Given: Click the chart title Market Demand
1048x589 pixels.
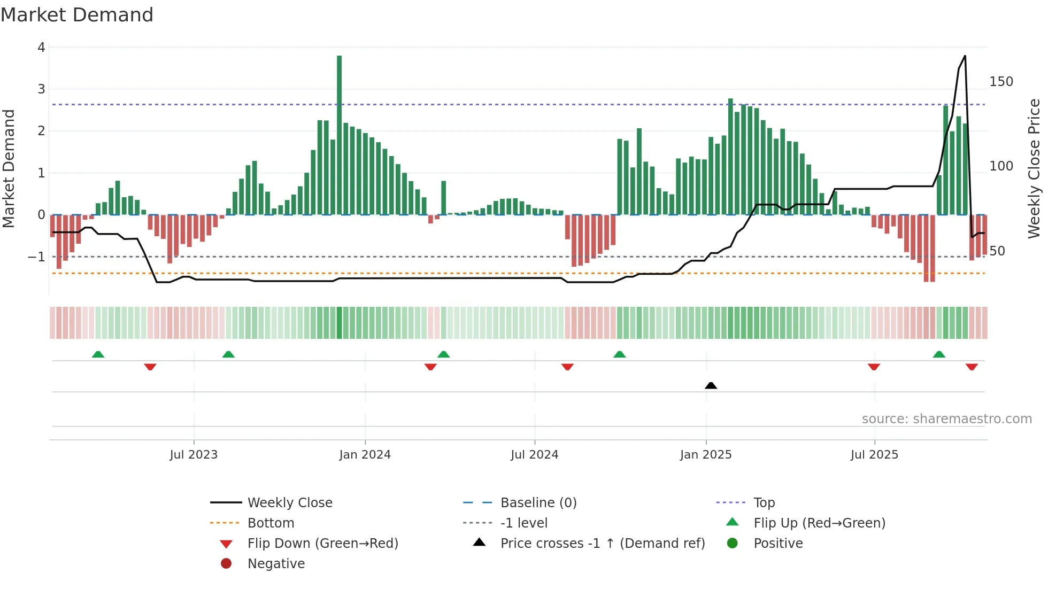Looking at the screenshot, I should [77, 15].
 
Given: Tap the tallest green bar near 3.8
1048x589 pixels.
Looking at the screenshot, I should [339, 134].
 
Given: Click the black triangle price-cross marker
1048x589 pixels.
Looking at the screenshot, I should [711, 385].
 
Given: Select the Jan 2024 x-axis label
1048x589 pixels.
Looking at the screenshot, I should [365, 455].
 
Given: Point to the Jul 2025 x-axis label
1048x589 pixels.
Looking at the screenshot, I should [874, 455].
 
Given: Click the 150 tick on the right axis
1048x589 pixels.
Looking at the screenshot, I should [1001, 82].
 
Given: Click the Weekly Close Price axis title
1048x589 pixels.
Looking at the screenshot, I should [1034, 168].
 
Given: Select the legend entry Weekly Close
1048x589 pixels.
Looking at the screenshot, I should [289, 503].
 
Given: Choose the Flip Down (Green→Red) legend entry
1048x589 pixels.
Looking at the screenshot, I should [322, 544].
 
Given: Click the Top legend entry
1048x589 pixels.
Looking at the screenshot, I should [764, 503].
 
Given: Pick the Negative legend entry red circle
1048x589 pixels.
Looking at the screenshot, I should [226, 564].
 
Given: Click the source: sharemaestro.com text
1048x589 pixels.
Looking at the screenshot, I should [946, 419].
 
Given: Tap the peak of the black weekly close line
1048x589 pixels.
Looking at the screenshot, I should [965, 56].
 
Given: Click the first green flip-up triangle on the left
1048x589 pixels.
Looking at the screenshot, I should [98, 354].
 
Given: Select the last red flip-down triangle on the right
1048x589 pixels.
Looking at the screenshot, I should [972, 367].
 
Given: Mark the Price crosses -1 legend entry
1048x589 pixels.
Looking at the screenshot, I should [602, 544].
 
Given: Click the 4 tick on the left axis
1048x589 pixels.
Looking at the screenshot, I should [41, 48].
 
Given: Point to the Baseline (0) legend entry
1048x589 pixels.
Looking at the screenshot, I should [538, 503].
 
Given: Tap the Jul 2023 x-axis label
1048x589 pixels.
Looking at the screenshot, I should [194, 455].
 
